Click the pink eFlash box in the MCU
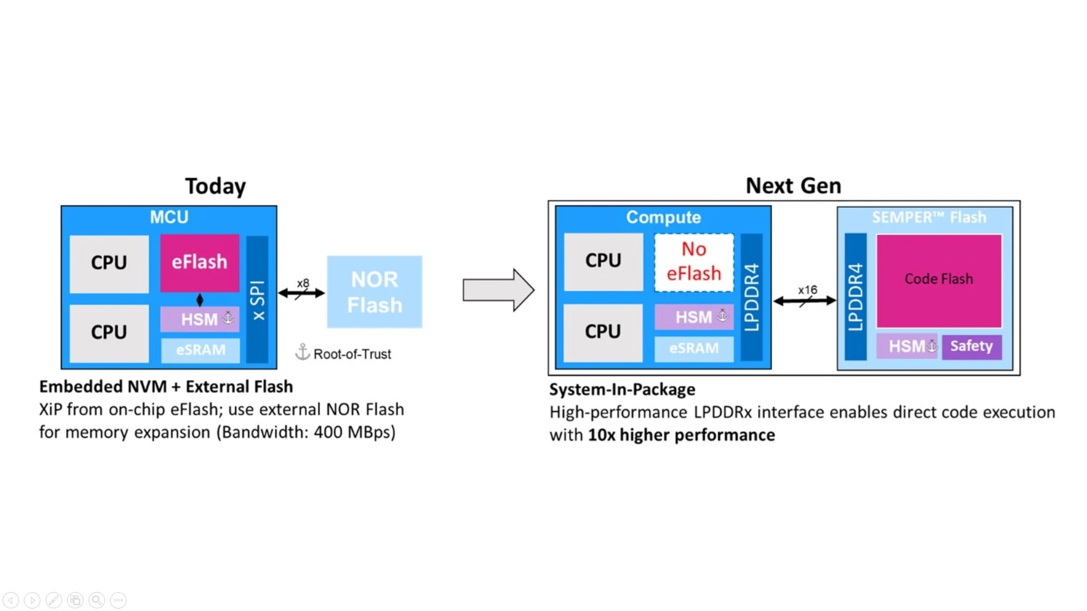point(199,263)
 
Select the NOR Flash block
point(374,292)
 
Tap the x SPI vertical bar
point(258,299)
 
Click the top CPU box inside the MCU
point(109,263)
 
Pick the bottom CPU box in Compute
point(603,332)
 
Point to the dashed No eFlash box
point(694,262)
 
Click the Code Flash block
point(939,280)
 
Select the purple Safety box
point(972,346)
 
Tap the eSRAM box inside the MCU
point(200,350)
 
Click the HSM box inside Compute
point(694,317)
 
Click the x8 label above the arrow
point(303,283)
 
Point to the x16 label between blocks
point(807,290)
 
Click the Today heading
point(216,186)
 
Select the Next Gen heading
point(793,186)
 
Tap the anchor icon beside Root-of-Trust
point(303,352)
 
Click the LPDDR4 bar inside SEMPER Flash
point(855,297)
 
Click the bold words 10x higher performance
point(681,435)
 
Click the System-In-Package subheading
point(622,390)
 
